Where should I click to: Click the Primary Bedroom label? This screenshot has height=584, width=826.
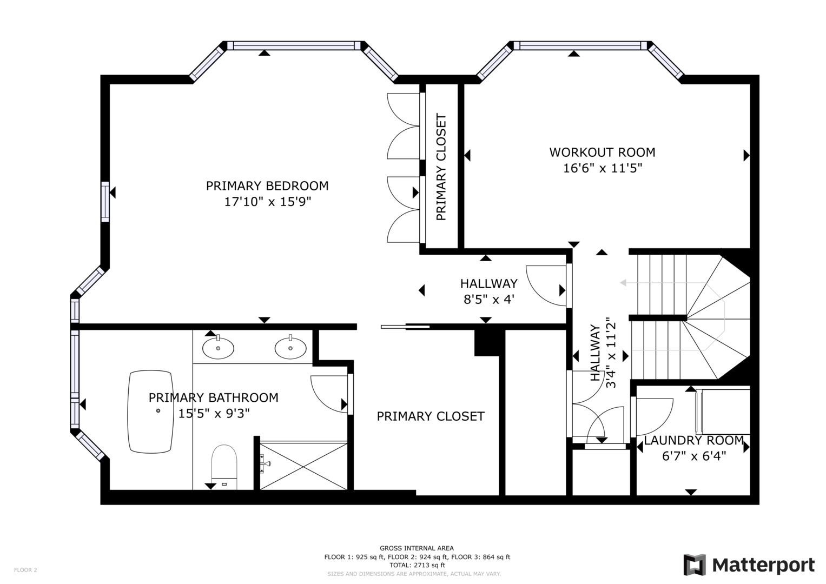[x=267, y=186]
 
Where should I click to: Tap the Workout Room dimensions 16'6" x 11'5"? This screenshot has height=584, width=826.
[x=602, y=168]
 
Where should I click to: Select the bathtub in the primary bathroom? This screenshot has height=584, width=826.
[x=151, y=411]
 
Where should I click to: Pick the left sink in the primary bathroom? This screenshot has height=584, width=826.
[x=218, y=348]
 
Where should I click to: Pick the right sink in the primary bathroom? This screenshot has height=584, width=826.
[x=290, y=348]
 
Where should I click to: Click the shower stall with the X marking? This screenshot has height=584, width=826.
[x=303, y=466]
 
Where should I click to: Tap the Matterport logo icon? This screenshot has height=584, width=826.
[x=695, y=565]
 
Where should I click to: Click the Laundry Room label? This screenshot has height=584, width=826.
[x=693, y=440]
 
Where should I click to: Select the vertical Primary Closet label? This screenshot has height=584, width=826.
[x=441, y=167]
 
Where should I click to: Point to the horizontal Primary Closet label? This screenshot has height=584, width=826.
[x=431, y=416]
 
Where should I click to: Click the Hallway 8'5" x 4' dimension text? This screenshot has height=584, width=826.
[x=488, y=298]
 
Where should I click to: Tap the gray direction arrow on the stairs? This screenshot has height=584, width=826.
[x=624, y=282]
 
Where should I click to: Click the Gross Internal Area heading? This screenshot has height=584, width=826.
[x=417, y=548]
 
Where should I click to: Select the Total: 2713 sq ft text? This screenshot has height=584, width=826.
[x=417, y=565]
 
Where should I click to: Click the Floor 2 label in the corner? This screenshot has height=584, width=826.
[x=25, y=569]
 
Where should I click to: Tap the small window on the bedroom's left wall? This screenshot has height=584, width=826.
[x=105, y=202]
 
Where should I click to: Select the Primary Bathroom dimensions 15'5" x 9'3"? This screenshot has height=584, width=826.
[x=214, y=414]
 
